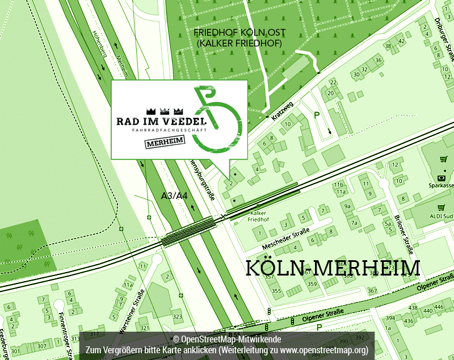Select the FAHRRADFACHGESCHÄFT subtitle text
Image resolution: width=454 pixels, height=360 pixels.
[x=161, y=131]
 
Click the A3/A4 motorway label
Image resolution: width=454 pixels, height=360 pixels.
[x=174, y=196]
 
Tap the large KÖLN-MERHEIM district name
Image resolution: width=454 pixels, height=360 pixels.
[x=333, y=268]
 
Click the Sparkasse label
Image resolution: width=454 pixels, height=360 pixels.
[x=442, y=185]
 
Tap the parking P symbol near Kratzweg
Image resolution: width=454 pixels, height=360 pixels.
[x=317, y=116]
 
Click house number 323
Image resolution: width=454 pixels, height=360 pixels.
[x=178, y=316]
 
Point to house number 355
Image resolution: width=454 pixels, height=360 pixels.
[x=276, y=291]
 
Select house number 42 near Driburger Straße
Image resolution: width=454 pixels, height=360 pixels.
[x=402, y=41]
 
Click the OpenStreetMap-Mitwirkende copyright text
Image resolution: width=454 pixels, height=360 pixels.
[x=226, y=339]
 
